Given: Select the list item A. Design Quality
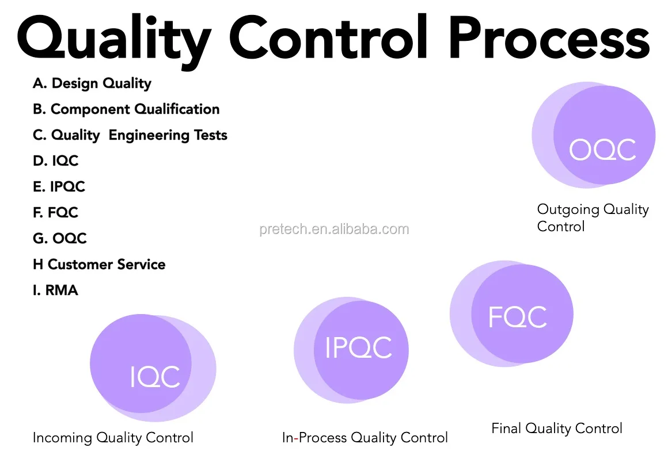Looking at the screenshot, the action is coord(92,83).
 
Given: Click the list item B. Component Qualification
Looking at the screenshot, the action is coord(126,109).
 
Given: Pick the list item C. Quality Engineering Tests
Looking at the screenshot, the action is coord(130,135).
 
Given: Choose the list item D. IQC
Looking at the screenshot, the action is coord(56,161).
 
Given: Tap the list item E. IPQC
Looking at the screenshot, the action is coord(59,187).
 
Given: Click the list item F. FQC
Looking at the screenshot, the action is coord(55,213).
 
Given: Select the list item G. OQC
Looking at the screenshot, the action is coord(60,239).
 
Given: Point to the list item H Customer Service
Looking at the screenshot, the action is coord(99,265).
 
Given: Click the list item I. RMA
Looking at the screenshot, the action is coord(55,290).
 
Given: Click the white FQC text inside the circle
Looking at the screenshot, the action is coord(517,317).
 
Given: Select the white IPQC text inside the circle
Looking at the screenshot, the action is coord(358,348).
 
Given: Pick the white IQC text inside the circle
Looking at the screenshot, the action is coord(154,377).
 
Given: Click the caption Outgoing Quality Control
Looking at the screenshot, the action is coord(593,217).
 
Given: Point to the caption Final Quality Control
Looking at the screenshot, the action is coord(556,429).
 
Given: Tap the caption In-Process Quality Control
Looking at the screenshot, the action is coord(365,438).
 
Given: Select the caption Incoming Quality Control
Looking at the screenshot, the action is coord(113,438).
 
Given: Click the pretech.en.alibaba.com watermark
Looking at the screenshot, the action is coord(334,229).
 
